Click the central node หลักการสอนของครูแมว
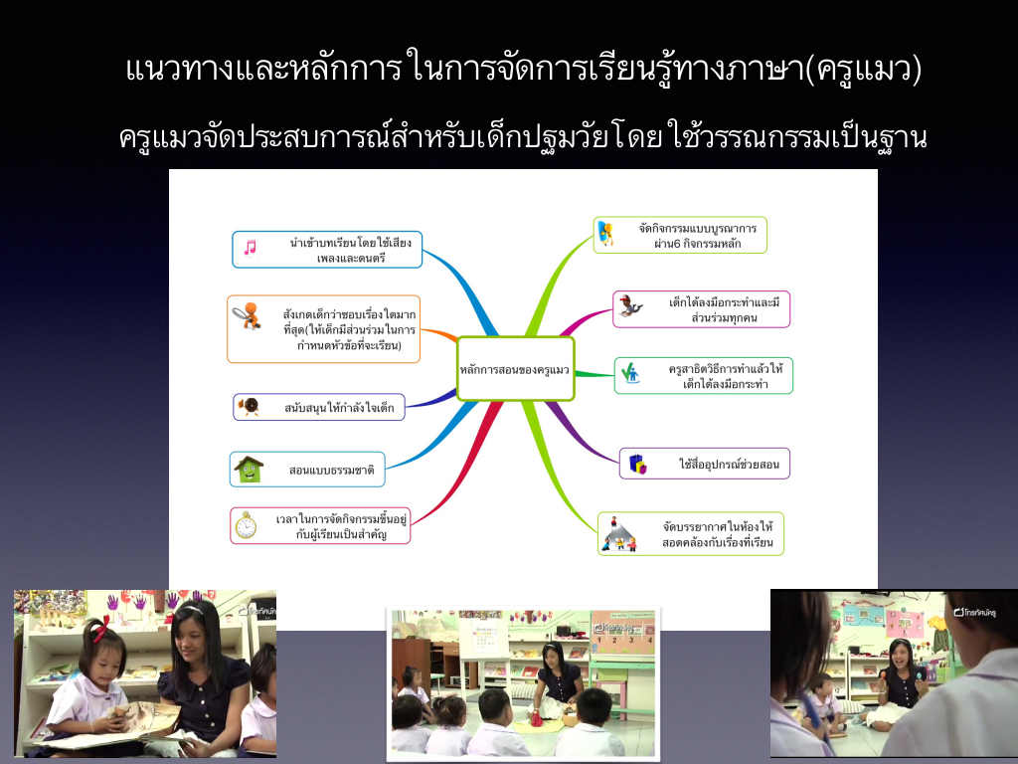tap(516, 368)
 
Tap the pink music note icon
tap(250, 248)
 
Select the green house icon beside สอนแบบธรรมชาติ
tap(250, 470)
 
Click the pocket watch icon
tap(247, 525)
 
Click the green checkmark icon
tap(630, 373)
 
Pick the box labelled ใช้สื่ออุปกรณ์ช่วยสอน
tap(705, 464)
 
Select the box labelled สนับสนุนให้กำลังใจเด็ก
tap(319, 407)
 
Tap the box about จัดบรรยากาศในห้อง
tap(691, 533)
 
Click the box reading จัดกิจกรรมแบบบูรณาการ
tap(680, 235)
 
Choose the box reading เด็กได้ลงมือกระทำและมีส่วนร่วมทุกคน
tap(701, 309)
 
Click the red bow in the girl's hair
tap(100, 628)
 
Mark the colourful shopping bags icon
tap(637, 464)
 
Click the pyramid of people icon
tap(618, 534)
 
